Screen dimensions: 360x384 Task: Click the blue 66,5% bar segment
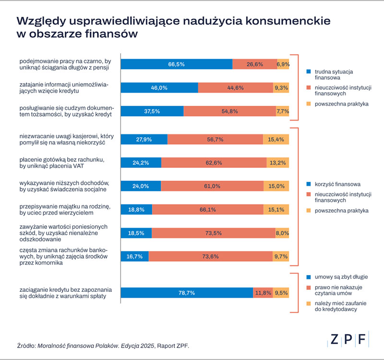click(176, 64)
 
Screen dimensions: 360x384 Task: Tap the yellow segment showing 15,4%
click(276, 139)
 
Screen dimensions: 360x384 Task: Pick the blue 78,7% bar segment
click(187, 293)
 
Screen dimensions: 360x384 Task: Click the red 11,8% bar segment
click(263, 293)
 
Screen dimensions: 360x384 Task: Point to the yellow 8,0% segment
click(282, 233)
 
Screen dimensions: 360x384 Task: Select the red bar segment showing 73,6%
click(211, 256)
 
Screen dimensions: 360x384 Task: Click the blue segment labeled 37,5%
click(152, 111)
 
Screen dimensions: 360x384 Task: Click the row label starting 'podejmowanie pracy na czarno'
click(65, 64)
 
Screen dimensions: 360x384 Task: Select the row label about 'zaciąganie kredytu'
click(63, 293)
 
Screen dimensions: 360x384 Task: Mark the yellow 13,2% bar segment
click(278, 163)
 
